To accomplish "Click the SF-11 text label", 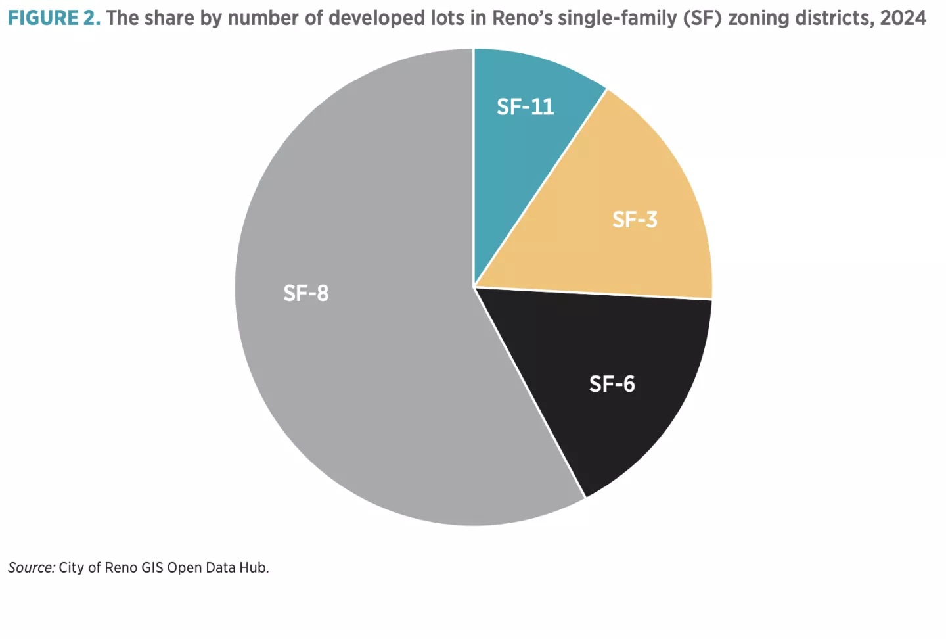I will [x=525, y=106].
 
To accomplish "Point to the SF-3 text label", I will [x=635, y=220].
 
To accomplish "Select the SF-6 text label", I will [x=612, y=384].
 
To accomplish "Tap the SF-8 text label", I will [x=305, y=293].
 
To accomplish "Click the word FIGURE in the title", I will [x=43, y=18].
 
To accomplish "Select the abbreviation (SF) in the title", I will [x=702, y=18].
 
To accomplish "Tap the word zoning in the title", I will [x=758, y=18].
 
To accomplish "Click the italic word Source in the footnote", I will [x=31, y=567].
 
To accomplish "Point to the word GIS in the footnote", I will [x=152, y=567].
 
